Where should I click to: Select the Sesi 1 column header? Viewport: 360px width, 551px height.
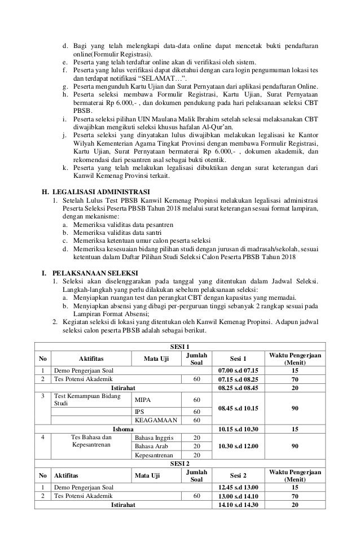point(238,357)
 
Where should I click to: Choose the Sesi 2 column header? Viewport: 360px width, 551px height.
point(238,476)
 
